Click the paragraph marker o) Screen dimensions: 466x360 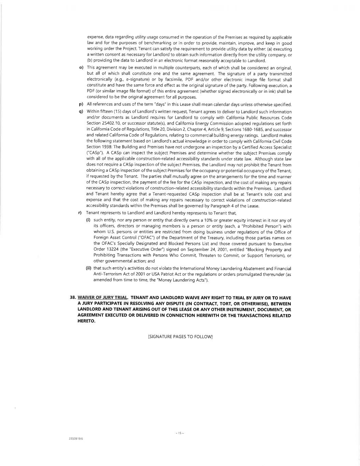81,68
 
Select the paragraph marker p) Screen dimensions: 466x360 81,104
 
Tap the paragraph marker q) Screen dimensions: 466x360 81,112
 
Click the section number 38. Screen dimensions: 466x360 73,298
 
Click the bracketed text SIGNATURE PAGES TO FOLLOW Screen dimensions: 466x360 181,337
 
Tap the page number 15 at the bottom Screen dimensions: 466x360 180,433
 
